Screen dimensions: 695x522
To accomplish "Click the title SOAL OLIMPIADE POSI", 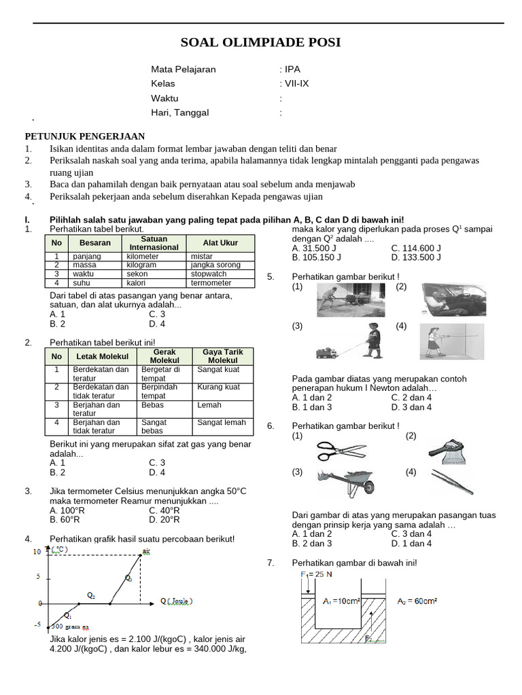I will pos(261,43).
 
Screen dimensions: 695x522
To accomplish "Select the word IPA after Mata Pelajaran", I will pos(292,69).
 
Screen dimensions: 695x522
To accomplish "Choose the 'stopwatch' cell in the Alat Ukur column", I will pos(209,274).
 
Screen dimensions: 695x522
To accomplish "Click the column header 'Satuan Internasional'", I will pos(154,243).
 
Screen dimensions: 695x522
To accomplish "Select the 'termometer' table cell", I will pos(211,283).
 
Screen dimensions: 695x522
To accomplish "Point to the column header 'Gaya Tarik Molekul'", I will pos(223,356).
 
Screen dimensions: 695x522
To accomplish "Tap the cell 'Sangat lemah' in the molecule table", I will pos(222,422).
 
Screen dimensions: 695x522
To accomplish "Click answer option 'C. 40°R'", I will pos(164,510).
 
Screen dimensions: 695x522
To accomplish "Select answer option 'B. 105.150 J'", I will pos(317,258).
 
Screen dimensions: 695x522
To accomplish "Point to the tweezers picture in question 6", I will pos(452,483).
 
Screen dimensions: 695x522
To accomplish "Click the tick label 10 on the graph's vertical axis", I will pos(37,552).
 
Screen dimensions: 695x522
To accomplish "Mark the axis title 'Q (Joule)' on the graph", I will pos(176,601).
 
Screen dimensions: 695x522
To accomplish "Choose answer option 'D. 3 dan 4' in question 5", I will pos(412,407).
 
